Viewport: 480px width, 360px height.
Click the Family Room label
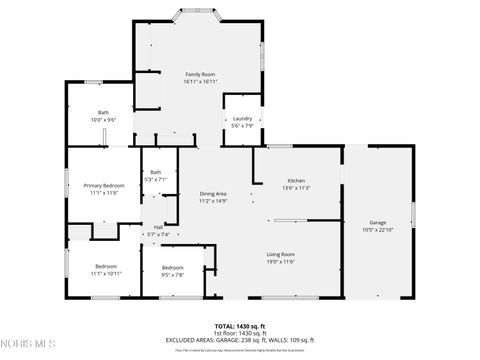[201, 75]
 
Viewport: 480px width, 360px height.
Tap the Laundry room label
[242, 119]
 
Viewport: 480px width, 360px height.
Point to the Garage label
[377, 223]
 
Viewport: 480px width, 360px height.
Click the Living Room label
[280, 254]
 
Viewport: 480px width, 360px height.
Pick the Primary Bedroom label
[104, 186]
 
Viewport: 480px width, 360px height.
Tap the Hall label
[158, 227]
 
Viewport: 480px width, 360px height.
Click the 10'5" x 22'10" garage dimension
[377, 230]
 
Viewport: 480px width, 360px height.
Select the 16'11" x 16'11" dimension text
[201, 82]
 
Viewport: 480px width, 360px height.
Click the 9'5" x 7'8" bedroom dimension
[173, 273]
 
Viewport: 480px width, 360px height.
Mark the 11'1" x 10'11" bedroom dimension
[105, 273]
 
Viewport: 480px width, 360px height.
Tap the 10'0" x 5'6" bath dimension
[103, 119]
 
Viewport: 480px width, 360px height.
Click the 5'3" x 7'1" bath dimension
[156, 179]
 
